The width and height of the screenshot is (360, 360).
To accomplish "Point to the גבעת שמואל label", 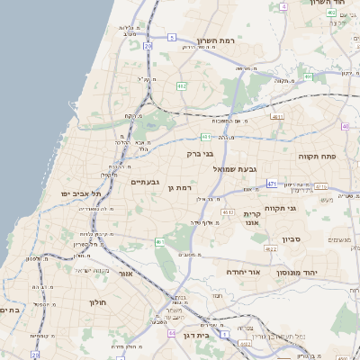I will [x=236, y=169].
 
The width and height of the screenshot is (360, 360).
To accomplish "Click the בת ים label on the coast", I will [x=9, y=310].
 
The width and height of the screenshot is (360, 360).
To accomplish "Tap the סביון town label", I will [x=293, y=239].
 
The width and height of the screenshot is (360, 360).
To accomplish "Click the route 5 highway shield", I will [x=171, y=38].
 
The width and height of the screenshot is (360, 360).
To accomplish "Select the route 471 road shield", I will [x=272, y=184].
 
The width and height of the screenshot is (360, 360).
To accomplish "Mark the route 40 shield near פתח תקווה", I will [x=345, y=127].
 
